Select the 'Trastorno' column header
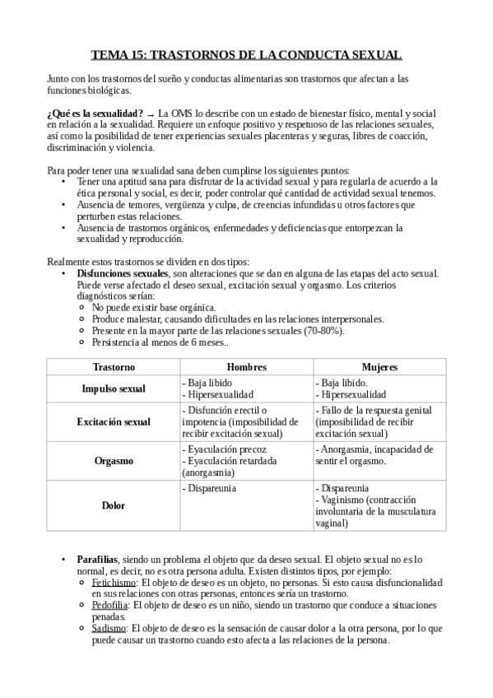(x=113, y=365)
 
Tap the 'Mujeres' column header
(x=379, y=365)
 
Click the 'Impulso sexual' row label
(x=113, y=389)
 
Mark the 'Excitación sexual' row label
(x=113, y=421)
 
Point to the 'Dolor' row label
(x=113, y=505)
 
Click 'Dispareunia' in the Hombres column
(x=211, y=488)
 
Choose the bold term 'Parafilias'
(x=99, y=559)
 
